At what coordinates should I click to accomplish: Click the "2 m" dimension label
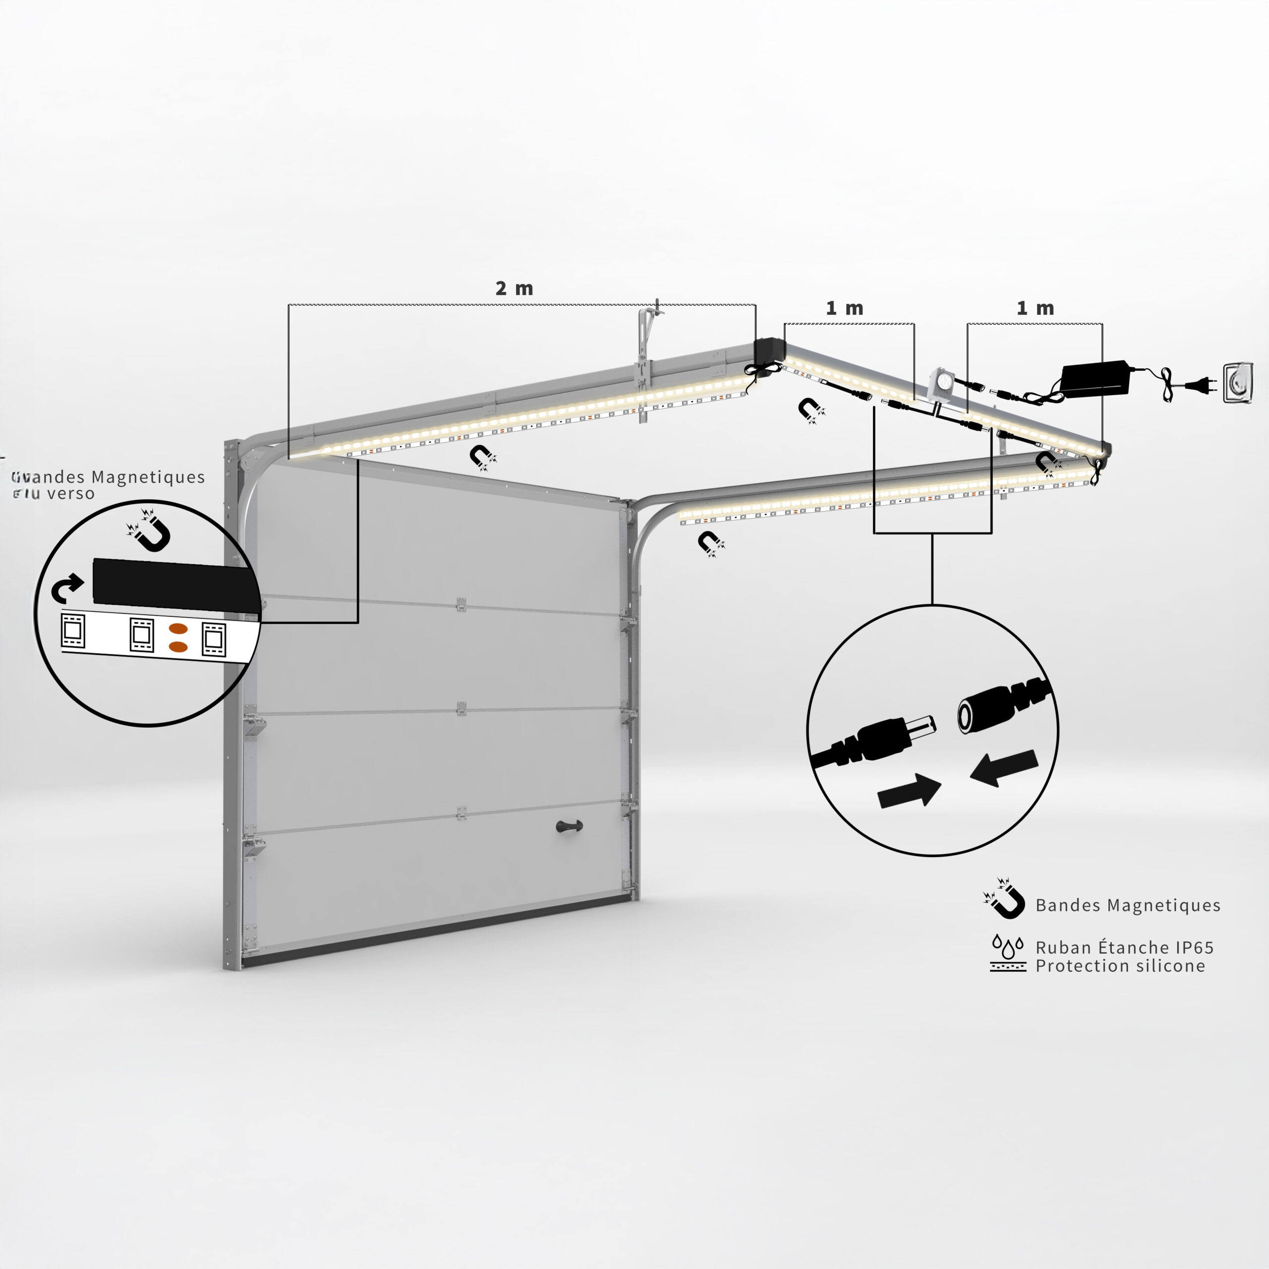tap(514, 288)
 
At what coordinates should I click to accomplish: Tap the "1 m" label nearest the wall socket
tap(1035, 308)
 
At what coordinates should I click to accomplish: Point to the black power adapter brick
tap(1095, 379)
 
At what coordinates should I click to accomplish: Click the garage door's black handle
tap(569, 826)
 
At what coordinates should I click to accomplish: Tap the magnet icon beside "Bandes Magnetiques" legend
tap(1005, 899)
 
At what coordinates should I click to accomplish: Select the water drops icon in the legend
tap(1008, 946)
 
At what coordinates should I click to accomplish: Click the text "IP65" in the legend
tap(1194, 947)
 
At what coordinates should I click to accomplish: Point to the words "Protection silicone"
tap(1120, 966)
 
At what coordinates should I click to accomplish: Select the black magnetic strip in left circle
tap(174, 584)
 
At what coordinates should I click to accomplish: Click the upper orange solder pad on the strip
tap(178, 629)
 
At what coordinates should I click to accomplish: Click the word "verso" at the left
tap(70, 493)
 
